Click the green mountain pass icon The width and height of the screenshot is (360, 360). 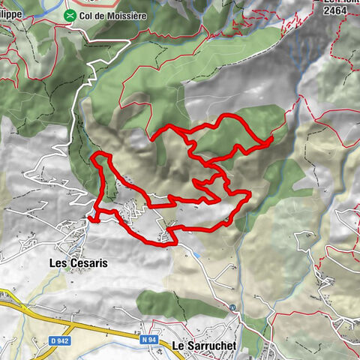(x=70, y=15)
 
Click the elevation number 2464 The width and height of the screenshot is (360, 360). (x=335, y=11)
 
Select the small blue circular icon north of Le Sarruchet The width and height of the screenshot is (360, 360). (x=233, y=307)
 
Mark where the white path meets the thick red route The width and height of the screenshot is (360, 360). (x=89, y=217)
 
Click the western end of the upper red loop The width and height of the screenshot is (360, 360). (x=152, y=138)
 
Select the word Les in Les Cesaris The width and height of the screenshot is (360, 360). (x=58, y=263)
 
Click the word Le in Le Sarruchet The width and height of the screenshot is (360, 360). (x=178, y=346)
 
